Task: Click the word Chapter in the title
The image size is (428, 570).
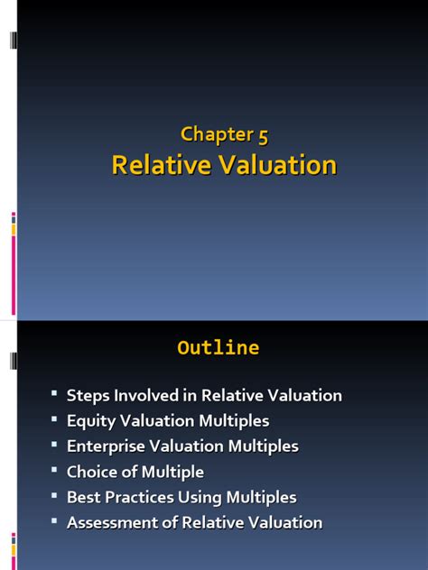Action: (x=215, y=135)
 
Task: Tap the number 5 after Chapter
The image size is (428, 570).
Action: (x=262, y=135)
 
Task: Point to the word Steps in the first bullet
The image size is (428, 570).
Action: (x=87, y=395)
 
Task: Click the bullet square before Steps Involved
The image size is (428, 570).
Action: (x=54, y=393)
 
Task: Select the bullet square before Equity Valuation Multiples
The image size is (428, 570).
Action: (x=54, y=418)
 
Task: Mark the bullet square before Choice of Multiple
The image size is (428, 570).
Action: (x=54, y=470)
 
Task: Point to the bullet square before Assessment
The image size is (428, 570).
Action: (x=54, y=520)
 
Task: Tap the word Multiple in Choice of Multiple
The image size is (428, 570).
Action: (x=172, y=472)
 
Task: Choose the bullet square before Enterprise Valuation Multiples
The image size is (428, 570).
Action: (x=54, y=444)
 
